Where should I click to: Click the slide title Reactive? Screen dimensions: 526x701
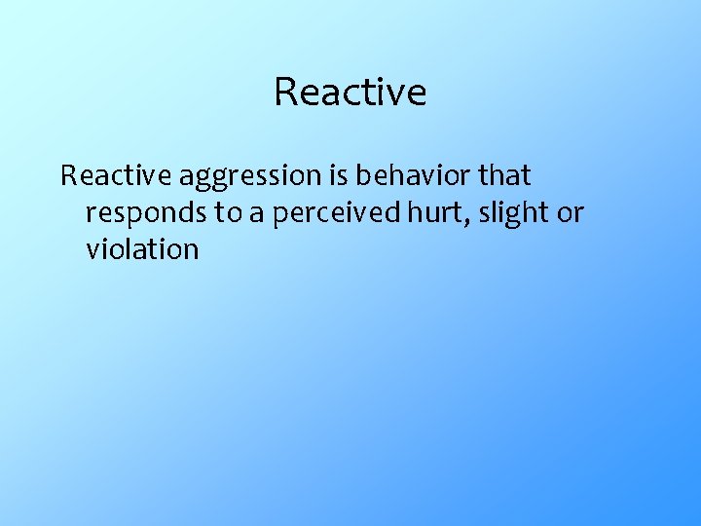click(x=350, y=92)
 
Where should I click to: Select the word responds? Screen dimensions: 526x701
click(x=146, y=213)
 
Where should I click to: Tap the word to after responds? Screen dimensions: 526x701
click(x=228, y=213)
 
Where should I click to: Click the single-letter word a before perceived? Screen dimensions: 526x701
click(x=256, y=214)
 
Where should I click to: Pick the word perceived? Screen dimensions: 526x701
click(x=334, y=213)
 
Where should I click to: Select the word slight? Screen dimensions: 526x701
click(x=509, y=213)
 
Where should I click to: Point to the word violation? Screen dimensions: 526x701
click(x=142, y=249)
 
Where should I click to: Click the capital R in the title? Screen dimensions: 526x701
click(x=285, y=92)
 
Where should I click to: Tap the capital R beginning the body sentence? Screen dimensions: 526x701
click(x=68, y=176)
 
